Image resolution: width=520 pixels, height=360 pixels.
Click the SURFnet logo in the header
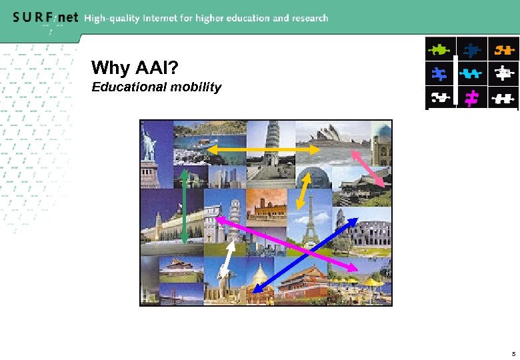coord(45,18)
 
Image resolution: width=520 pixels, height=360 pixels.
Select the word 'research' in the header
coord(308,18)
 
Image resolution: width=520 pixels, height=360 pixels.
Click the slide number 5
coord(513,353)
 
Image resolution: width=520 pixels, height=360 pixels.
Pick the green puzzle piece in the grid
coord(440,49)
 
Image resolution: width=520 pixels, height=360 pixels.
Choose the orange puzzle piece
coord(503,49)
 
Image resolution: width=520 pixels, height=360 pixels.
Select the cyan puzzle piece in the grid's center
coord(472,73)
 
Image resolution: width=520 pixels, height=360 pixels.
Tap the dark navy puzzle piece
coord(472,49)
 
